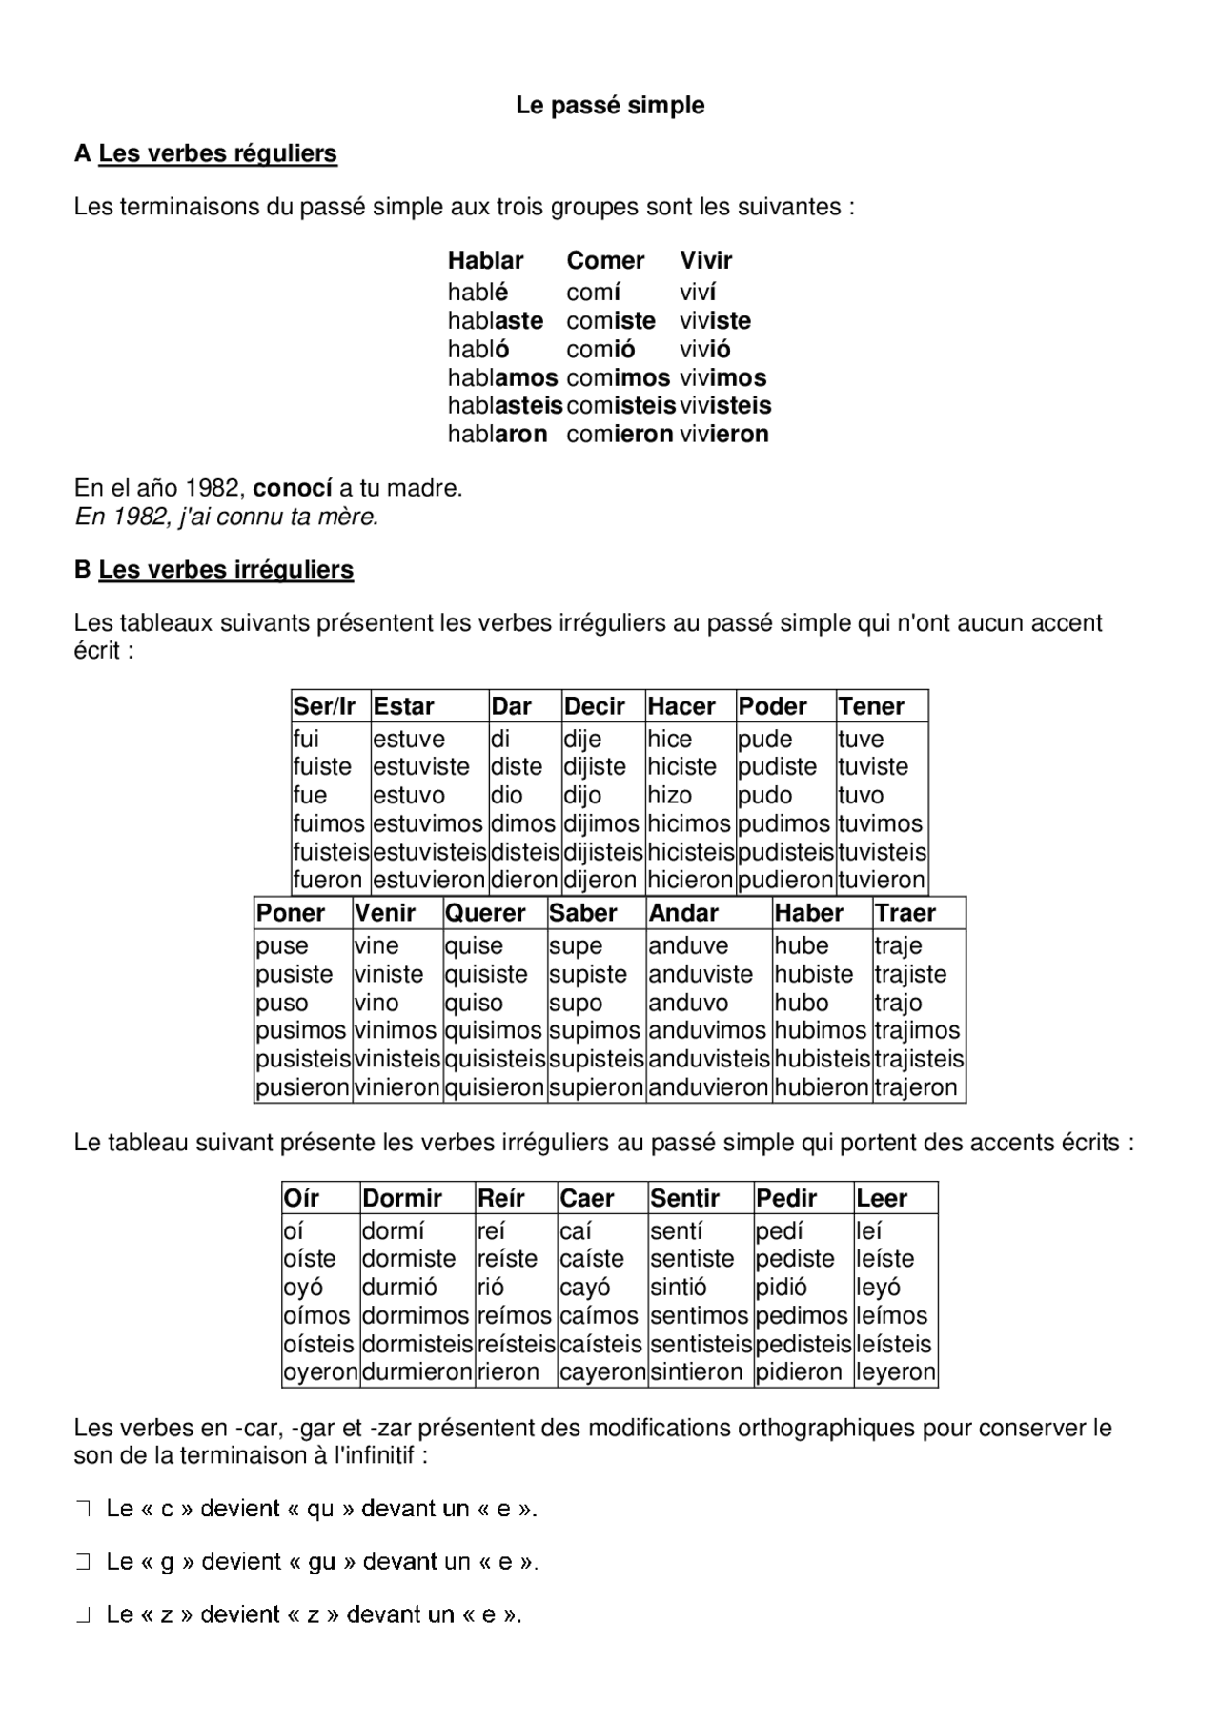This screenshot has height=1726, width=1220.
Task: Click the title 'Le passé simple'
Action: click(610, 105)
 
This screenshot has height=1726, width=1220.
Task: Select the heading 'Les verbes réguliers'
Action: click(217, 153)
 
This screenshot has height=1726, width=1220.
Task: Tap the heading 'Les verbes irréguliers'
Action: click(226, 570)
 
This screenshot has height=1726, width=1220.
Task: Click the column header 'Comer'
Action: click(605, 260)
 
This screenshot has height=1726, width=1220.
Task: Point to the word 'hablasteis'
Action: click(505, 406)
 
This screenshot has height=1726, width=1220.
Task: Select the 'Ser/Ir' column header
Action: click(324, 706)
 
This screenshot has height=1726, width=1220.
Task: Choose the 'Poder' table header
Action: click(773, 706)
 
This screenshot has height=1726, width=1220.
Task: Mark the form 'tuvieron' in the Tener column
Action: click(882, 880)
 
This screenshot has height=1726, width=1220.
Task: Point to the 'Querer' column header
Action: click(485, 913)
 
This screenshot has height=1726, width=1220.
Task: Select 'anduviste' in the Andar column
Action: click(701, 975)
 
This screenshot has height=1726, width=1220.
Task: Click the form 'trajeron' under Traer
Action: click(915, 1087)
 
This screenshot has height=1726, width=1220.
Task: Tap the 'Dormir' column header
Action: click(402, 1198)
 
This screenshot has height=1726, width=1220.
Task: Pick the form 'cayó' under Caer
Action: click(585, 1288)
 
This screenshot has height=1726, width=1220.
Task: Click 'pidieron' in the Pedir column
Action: click(799, 1372)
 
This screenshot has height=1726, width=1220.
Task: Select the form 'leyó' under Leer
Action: click(878, 1288)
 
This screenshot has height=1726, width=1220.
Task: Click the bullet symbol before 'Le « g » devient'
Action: click(83, 1562)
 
